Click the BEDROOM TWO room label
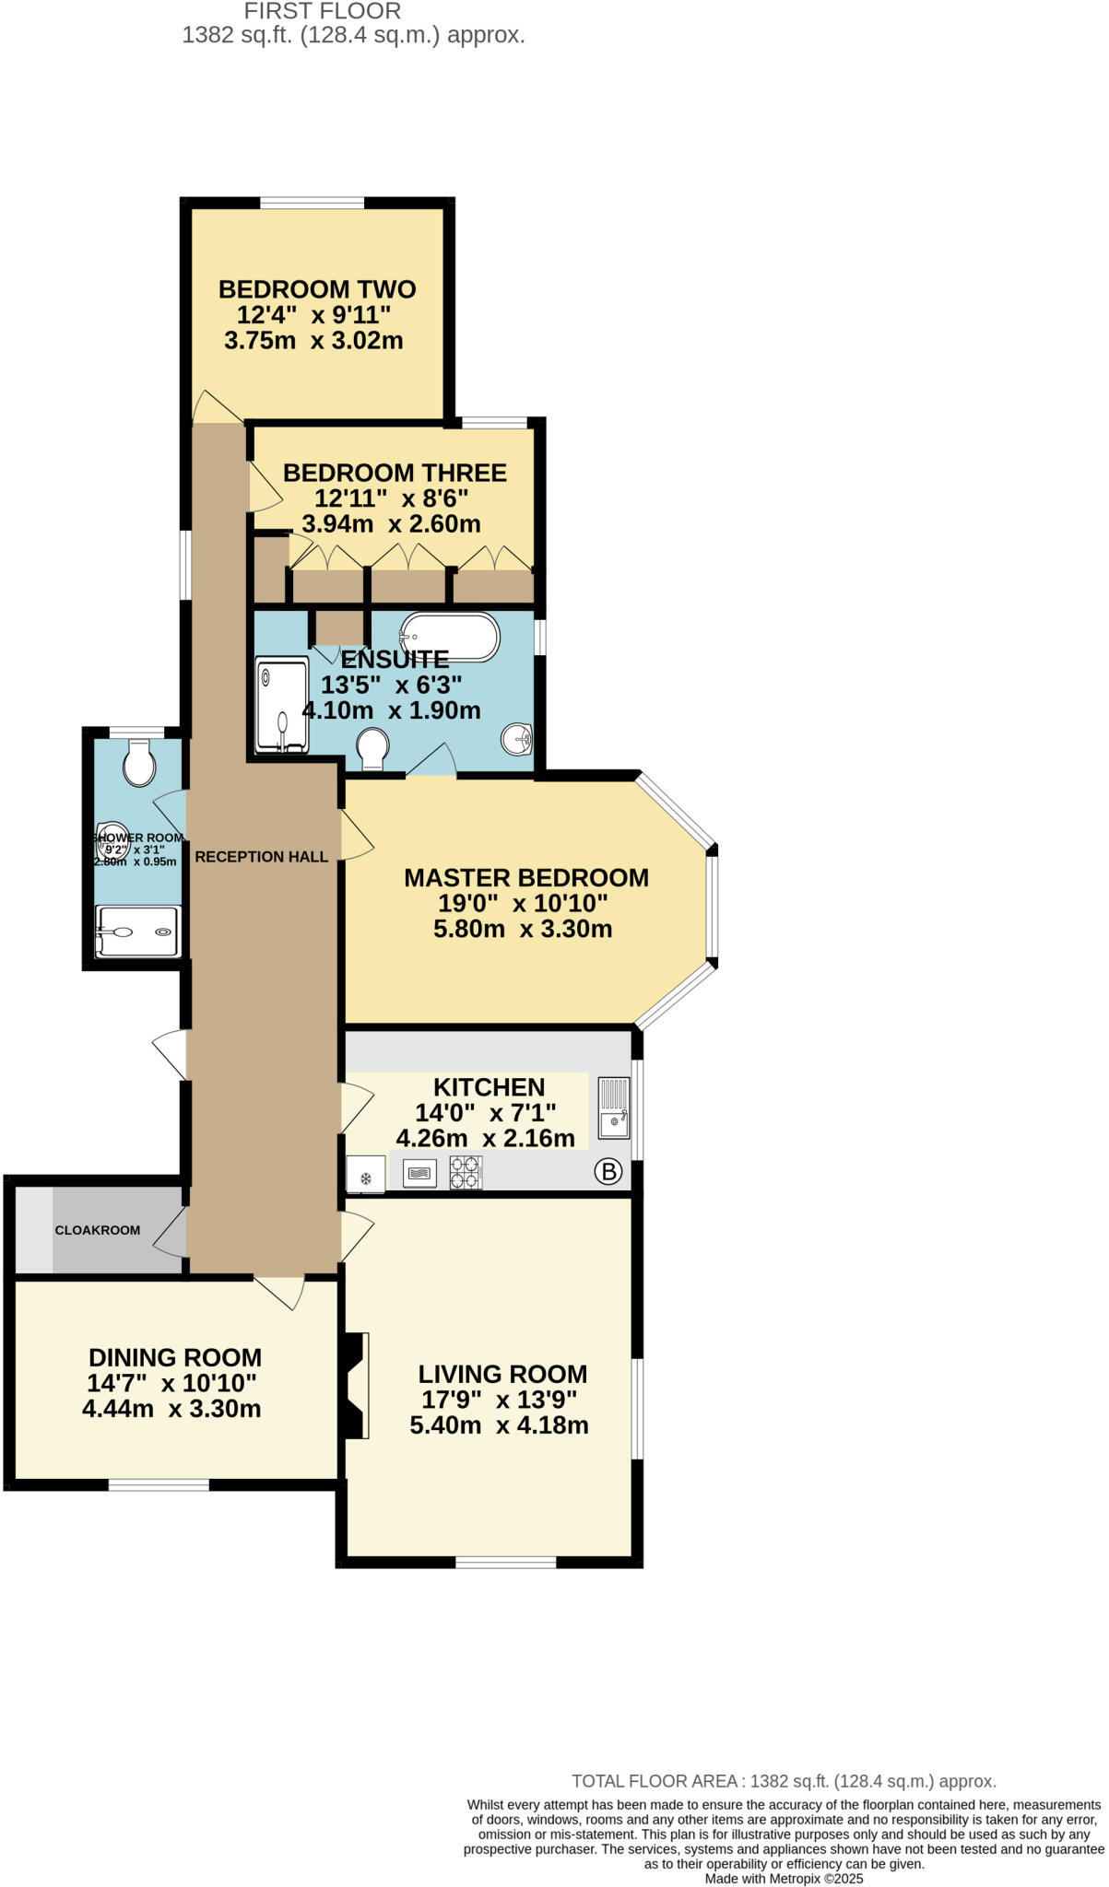pyautogui.click(x=317, y=289)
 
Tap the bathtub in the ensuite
pyautogui.click(x=450, y=637)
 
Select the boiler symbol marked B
pyautogui.click(x=608, y=1172)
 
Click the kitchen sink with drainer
pyautogui.click(x=614, y=1108)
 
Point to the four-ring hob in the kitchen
pyautogui.click(x=466, y=1173)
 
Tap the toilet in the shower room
pyautogui.click(x=139, y=764)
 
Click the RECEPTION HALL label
pyautogui.click(x=261, y=857)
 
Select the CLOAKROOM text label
pyautogui.click(x=98, y=1230)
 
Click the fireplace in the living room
pyautogui.click(x=357, y=1385)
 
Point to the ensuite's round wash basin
pyautogui.click(x=518, y=738)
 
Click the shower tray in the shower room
pyautogui.click(x=138, y=932)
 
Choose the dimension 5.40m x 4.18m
pyautogui.click(x=500, y=1425)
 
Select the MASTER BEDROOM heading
pyautogui.click(x=526, y=878)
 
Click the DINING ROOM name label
pyautogui.click(x=175, y=1357)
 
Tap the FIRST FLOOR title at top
pyautogui.click(x=323, y=12)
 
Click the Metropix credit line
pyautogui.click(x=784, y=1878)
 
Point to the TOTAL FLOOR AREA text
pyautogui.click(x=784, y=1781)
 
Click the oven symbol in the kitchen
pyautogui.click(x=419, y=1173)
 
